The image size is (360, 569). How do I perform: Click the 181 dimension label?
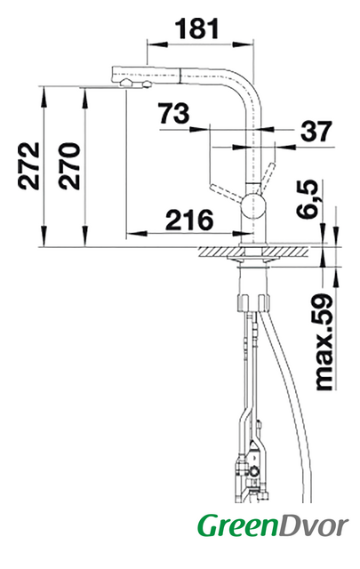[197, 28]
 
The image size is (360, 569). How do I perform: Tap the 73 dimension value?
[174, 113]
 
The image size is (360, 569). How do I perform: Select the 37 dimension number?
[316, 131]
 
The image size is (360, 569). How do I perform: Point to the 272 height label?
[28, 166]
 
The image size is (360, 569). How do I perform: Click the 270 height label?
[69, 166]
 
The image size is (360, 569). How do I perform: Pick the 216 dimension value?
[189, 220]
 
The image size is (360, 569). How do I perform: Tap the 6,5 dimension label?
[308, 199]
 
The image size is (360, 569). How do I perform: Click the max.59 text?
[324, 341]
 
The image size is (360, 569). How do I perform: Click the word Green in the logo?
[236, 526]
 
